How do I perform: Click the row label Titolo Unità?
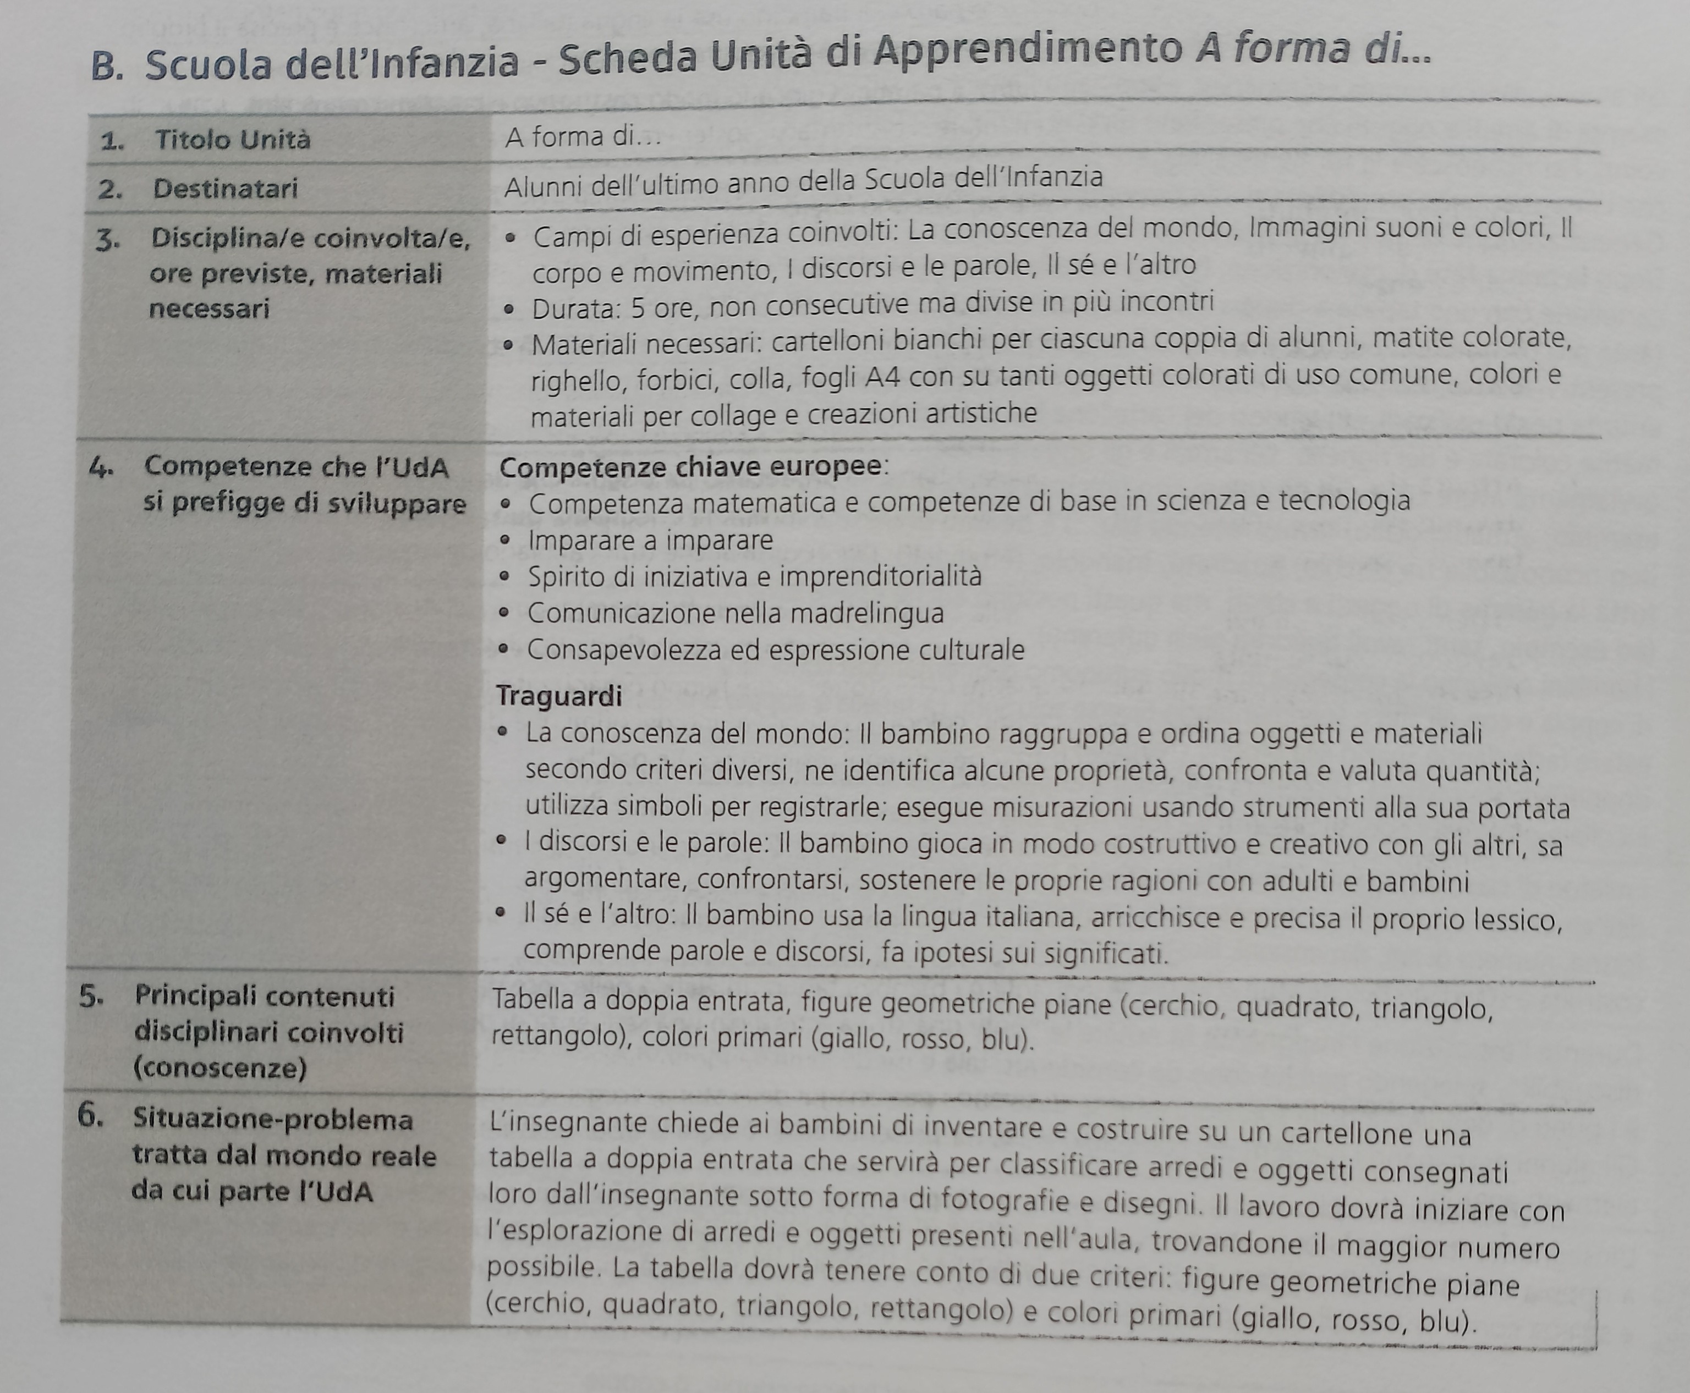click(232, 140)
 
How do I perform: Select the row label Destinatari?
click(224, 189)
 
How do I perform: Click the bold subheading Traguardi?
click(558, 696)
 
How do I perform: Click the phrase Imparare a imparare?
click(650, 541)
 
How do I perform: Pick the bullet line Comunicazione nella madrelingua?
click(735, 614)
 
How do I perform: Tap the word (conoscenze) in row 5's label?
click(220, 1068)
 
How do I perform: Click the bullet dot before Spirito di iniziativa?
click(504, 577)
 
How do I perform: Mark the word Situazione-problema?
click(273, 1119)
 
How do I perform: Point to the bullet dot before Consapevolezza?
click(503, 649)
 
